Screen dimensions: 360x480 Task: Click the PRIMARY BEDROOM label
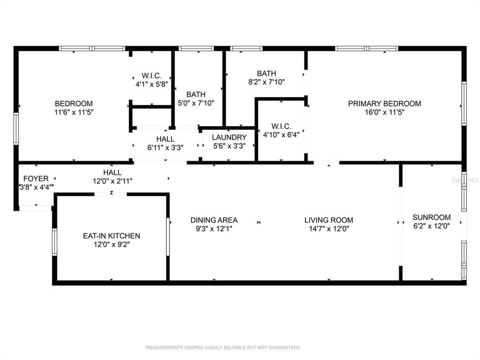(384, 103)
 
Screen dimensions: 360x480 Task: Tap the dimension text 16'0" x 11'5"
(384, 112)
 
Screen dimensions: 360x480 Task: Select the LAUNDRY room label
(229, 137)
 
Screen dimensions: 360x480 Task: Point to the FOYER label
(36, 178)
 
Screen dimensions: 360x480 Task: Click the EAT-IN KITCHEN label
(111, 236)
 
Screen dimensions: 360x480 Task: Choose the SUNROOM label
(431, 217)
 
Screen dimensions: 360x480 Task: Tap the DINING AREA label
(214, 220)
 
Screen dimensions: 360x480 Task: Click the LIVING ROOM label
(328, 220)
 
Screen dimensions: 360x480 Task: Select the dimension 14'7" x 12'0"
(328, 228)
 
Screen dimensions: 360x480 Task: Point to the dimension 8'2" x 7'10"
(266, 82)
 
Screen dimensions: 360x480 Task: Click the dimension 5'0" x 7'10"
(196, 103)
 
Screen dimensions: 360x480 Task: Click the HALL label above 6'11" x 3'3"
(165, 139)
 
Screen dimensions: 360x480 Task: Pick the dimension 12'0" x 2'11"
(112, 181)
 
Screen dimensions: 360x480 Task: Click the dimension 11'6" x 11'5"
(74, 112)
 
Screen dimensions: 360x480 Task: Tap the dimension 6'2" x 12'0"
(431, 226)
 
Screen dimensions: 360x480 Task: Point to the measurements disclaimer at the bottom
(223, 347)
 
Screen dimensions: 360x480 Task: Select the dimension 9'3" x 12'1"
(214, 228)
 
